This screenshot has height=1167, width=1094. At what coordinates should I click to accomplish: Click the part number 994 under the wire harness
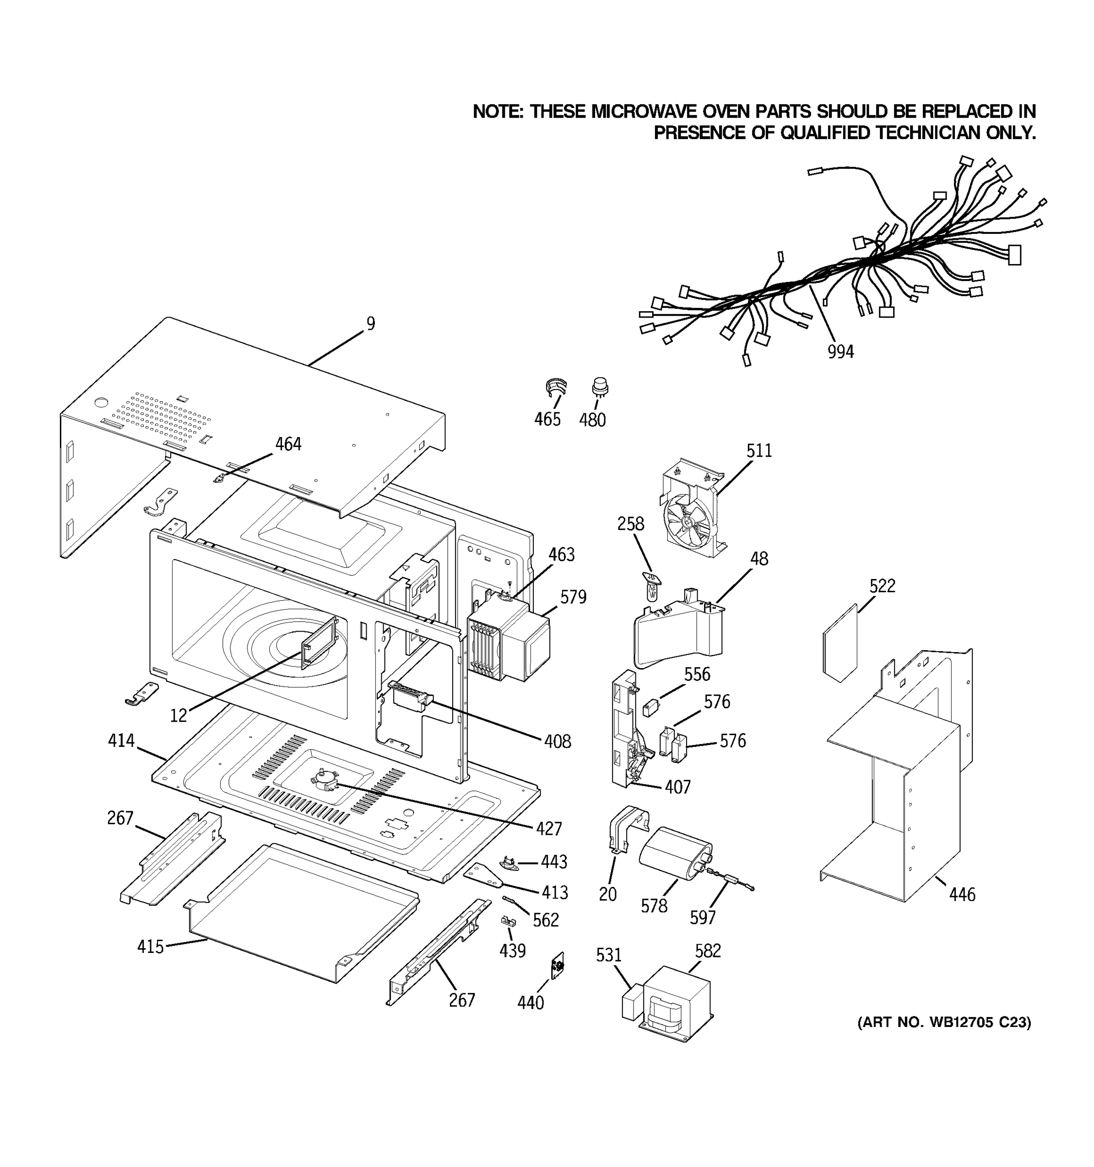tap(841, 352)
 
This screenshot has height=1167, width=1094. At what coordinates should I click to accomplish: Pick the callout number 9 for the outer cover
tap(371, 324)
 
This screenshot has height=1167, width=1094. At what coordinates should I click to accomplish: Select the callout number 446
tap(962, 895)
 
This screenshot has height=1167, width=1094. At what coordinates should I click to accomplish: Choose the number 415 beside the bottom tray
tap(150, 947)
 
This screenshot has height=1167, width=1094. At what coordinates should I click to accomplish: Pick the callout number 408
tap(557, 742)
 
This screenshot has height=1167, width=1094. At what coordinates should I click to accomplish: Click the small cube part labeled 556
tap(650, 708)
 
